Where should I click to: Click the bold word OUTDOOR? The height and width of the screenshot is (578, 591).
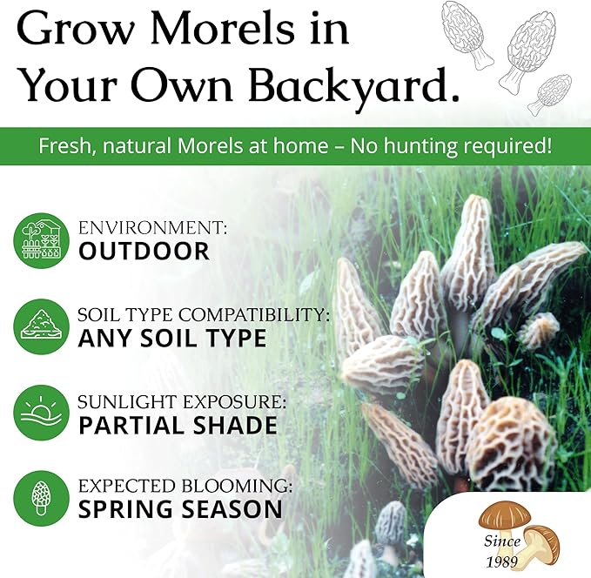tap(144, 252)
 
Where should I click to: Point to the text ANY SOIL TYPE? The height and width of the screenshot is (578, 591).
tap(172, 338)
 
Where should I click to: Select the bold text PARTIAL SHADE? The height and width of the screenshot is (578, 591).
tap(178, 425)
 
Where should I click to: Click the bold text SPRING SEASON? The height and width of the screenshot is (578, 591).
tap(180, 508)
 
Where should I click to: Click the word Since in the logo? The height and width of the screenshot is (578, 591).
tap(502, 541)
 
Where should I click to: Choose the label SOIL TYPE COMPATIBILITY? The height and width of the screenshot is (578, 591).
tap(205, 314)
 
